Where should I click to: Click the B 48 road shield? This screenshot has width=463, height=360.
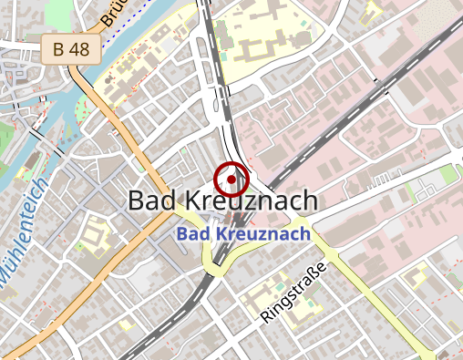click(x=70, y=50)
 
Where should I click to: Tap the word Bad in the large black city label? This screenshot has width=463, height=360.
click(x=158, y=201)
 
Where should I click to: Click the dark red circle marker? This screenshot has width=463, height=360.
click(x=231, y=179)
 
